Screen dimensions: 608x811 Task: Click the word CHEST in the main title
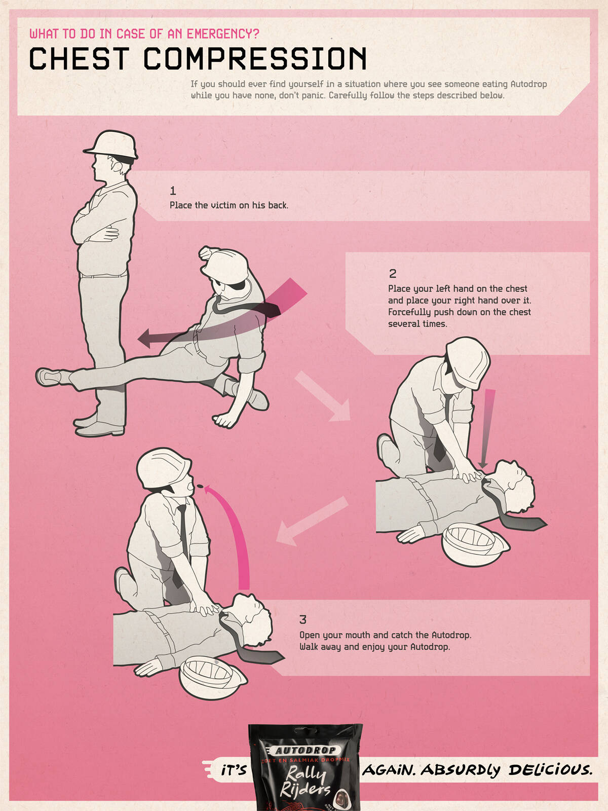coord(80,58)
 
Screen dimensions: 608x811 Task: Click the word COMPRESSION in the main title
coord(255,58)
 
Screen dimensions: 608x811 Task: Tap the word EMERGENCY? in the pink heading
coord(223,34)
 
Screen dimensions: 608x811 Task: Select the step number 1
coord(173,191)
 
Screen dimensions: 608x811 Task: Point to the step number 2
coord(392,274)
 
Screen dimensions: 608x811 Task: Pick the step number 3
coord(302,619)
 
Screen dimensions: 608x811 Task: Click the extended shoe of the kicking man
coord(48,377)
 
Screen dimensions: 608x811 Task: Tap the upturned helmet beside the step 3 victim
coord(211,677)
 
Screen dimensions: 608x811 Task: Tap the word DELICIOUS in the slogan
coord(550,769)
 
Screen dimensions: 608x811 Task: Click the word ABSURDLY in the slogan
coord(460,770)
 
